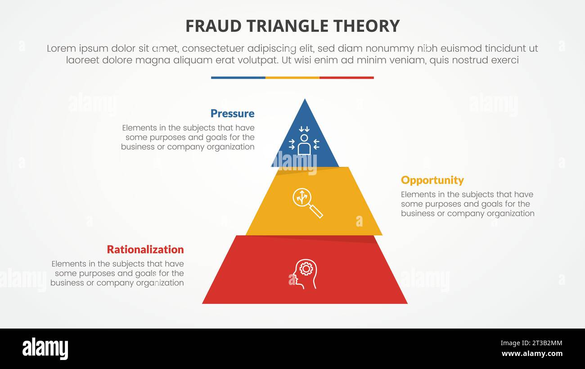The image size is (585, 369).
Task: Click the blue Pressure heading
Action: pyautogui.click(x=233, y=114)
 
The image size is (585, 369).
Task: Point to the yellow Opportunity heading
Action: pyautogui.click(x=432, y=181)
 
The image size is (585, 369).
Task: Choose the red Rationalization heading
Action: pyautogui.click(x=145, y=249)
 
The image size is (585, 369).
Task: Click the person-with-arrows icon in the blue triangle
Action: pyautogui.click(x=304, y=141)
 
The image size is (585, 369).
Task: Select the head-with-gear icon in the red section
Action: pyautogui.click(x=305, y=274)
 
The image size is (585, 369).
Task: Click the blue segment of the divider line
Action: pyautogui.click(x=238, y=78)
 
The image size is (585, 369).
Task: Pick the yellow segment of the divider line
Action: pyautogui.click(x=292, y=78)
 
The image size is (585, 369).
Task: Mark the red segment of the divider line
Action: pyautogui.click(x=347, y=78)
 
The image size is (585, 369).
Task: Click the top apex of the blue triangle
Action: pyautogui.click(x=305, y=99)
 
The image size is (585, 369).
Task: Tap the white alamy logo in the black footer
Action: pyautogui.click(x=45, y=349)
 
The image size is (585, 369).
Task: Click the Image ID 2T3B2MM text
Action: pyautogui.click(x=531, y=343)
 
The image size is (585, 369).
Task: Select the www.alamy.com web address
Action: pyautogui.click(x=532, y=354)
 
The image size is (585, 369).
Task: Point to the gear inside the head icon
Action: pyautogui.click(x=306, y=269)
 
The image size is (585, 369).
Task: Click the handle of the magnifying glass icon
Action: pyautogui.click(x=316, y=211)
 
